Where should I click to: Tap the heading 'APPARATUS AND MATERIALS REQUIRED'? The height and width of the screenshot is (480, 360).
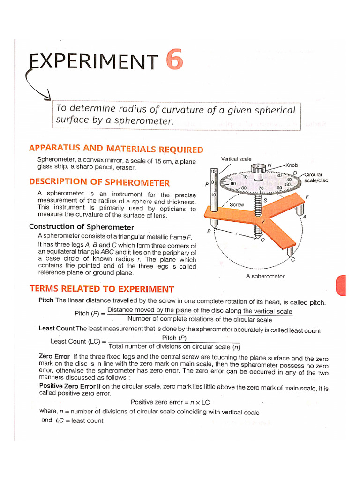(116, 149)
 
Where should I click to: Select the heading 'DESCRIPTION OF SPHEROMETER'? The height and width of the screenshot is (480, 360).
(99, 182)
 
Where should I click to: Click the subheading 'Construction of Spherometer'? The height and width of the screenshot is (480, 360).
(82, 226)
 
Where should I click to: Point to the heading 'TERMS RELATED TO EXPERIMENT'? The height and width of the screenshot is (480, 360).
(102, 289)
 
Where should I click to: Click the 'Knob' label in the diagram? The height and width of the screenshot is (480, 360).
(291, 165)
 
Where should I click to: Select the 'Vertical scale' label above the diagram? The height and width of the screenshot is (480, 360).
(236, 159)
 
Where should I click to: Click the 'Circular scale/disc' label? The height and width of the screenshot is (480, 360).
(316, 177)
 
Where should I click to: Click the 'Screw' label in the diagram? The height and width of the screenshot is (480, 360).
(237, 205)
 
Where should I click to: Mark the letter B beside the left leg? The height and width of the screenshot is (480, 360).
(209, 231)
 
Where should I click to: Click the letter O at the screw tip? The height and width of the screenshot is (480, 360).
(262, 240)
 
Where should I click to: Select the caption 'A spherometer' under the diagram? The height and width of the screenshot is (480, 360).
(265, 276)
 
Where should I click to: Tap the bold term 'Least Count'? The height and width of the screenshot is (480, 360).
(57, 329)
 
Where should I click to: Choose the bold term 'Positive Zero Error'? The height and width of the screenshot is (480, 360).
(67, 387)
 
